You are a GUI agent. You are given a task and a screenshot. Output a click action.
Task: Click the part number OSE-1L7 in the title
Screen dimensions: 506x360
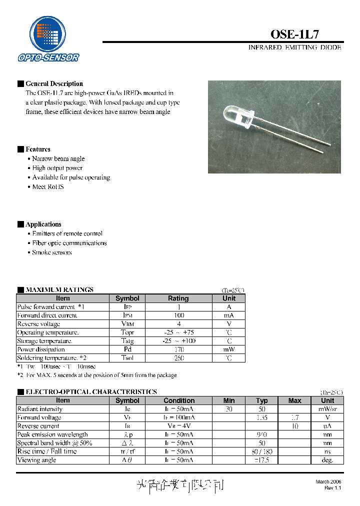294,34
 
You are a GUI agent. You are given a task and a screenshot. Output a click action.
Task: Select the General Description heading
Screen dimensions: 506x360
54,83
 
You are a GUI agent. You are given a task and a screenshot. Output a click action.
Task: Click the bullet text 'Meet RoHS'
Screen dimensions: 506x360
48,186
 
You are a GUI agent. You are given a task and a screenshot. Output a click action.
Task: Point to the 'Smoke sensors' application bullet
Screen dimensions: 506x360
52,252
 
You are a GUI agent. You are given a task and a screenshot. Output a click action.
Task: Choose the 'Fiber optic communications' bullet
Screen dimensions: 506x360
69,243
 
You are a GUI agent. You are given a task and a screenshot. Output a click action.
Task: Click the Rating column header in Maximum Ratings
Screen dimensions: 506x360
178,298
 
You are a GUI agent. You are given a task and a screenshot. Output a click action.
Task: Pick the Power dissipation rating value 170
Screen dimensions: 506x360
178,349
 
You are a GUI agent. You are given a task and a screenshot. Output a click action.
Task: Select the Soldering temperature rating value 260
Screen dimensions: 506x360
178,358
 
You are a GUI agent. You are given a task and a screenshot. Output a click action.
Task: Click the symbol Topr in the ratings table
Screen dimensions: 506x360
127,332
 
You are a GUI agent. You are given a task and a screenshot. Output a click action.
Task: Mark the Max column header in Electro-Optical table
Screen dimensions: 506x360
295,400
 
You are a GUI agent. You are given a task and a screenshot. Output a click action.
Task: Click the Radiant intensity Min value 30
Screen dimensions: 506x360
229,409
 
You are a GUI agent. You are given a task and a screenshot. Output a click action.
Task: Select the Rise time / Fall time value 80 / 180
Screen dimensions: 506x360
262,451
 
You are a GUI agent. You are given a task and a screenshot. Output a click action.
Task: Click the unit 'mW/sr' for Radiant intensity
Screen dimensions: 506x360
327,409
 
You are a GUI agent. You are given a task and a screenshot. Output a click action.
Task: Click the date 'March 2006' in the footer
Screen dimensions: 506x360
328,481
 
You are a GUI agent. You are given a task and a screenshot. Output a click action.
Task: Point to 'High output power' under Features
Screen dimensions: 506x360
57,168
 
